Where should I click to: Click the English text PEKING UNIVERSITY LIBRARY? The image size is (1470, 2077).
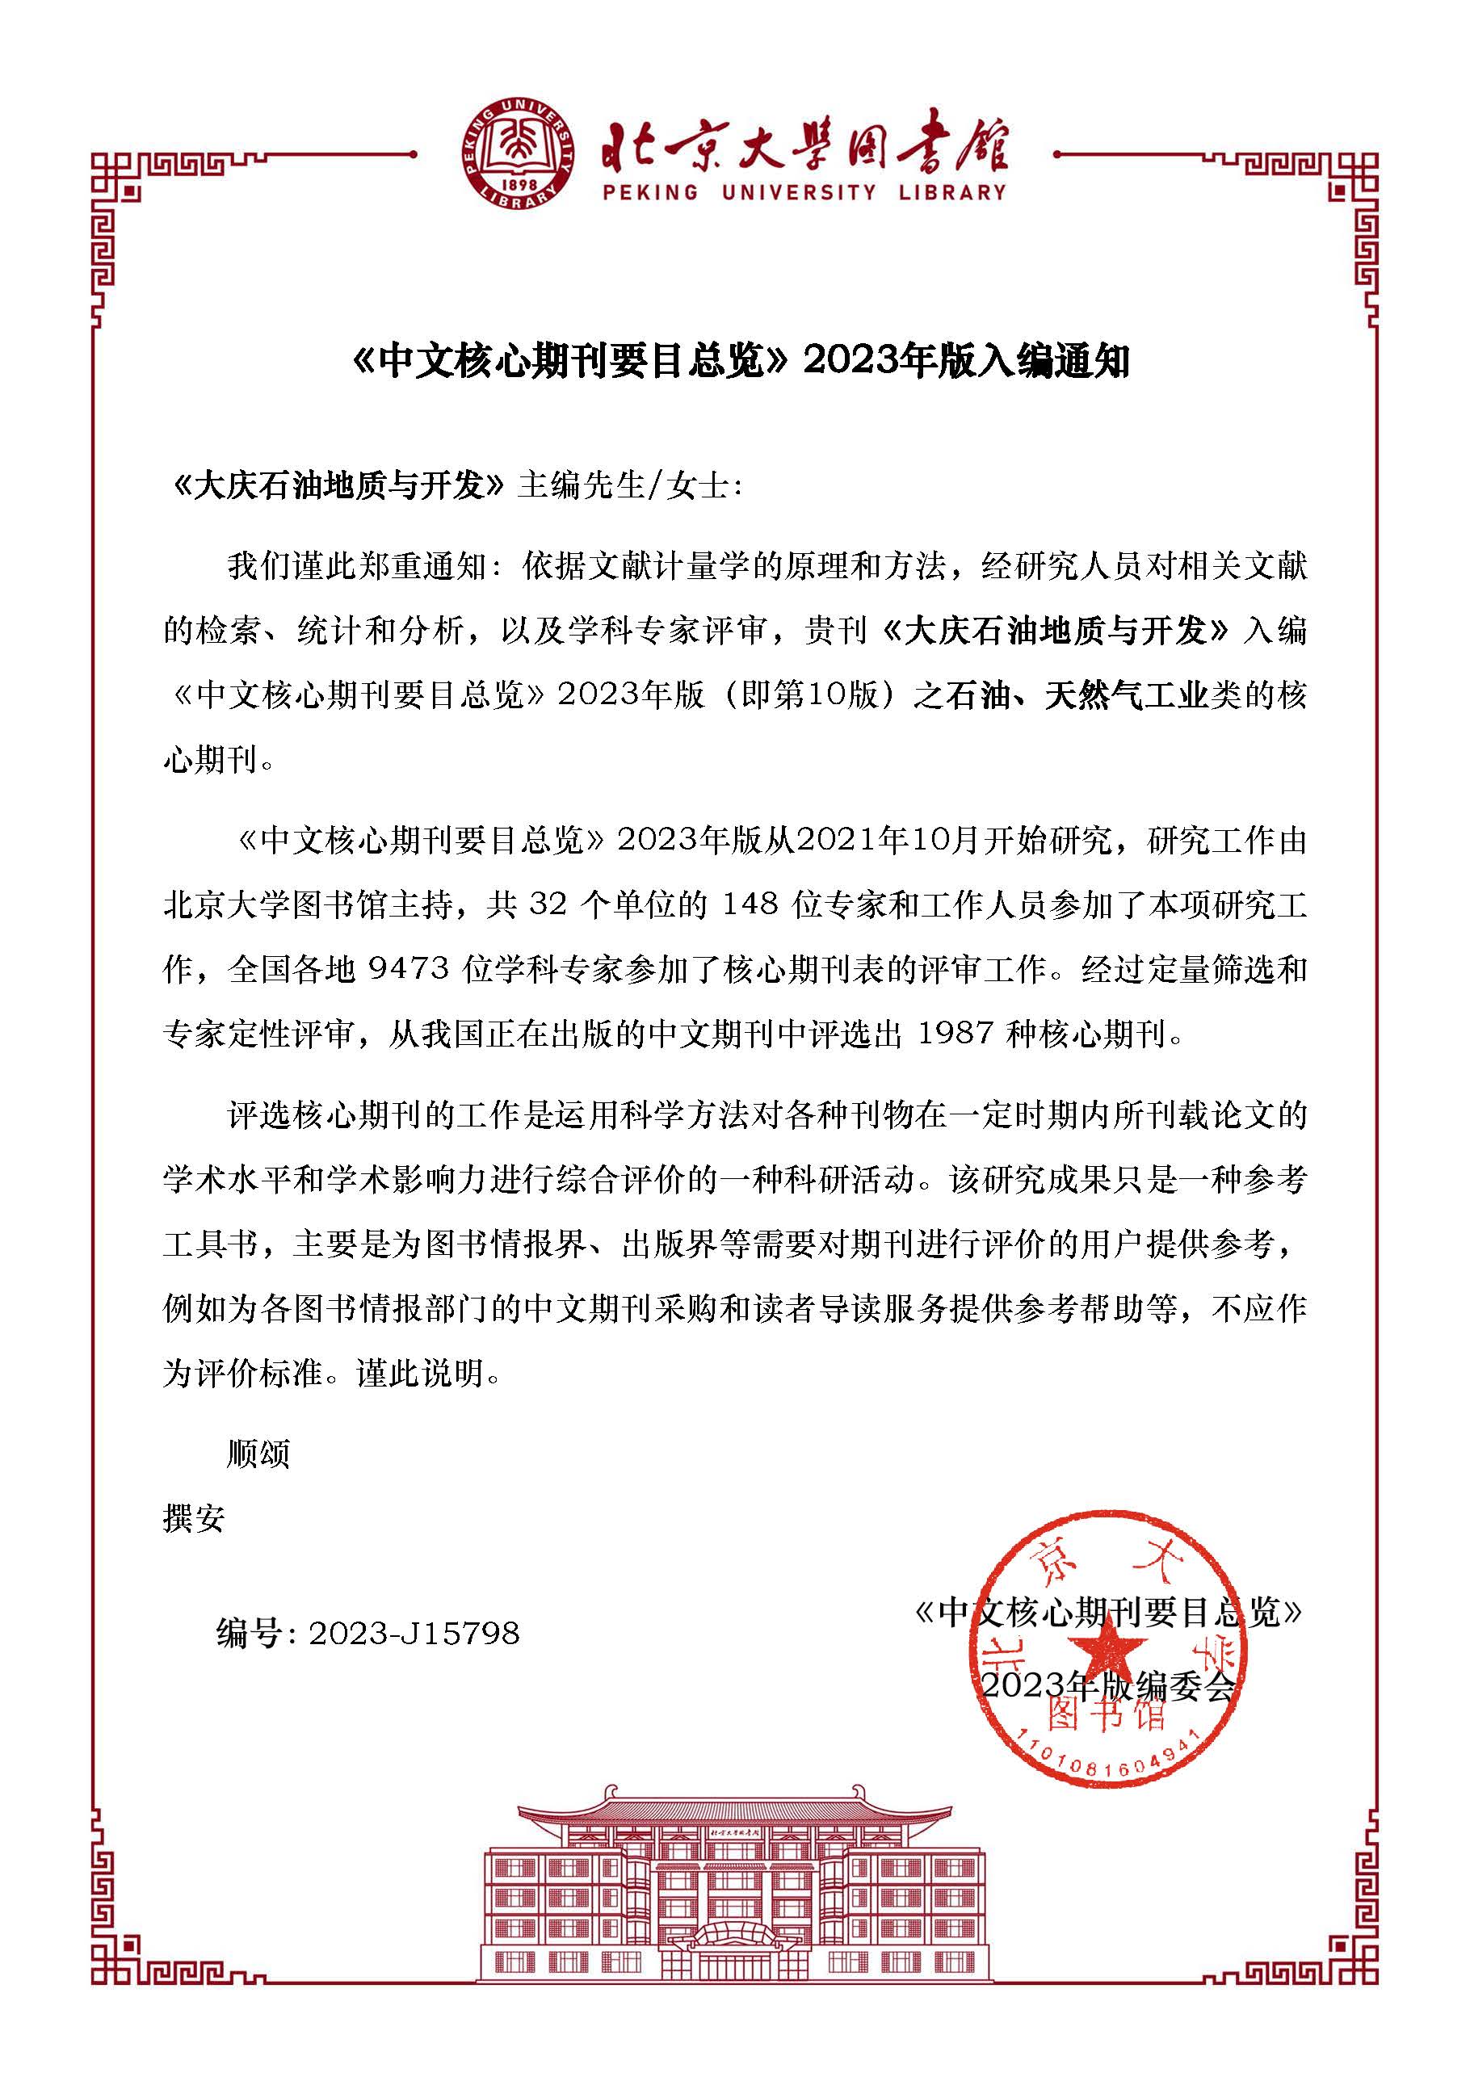[x=804, y=193]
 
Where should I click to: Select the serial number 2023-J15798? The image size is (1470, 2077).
[x=414, y=1634]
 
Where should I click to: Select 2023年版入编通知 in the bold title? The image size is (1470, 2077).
[x=965, y=362]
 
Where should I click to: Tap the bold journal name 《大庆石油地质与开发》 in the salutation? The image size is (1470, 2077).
[x=337, y=486]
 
